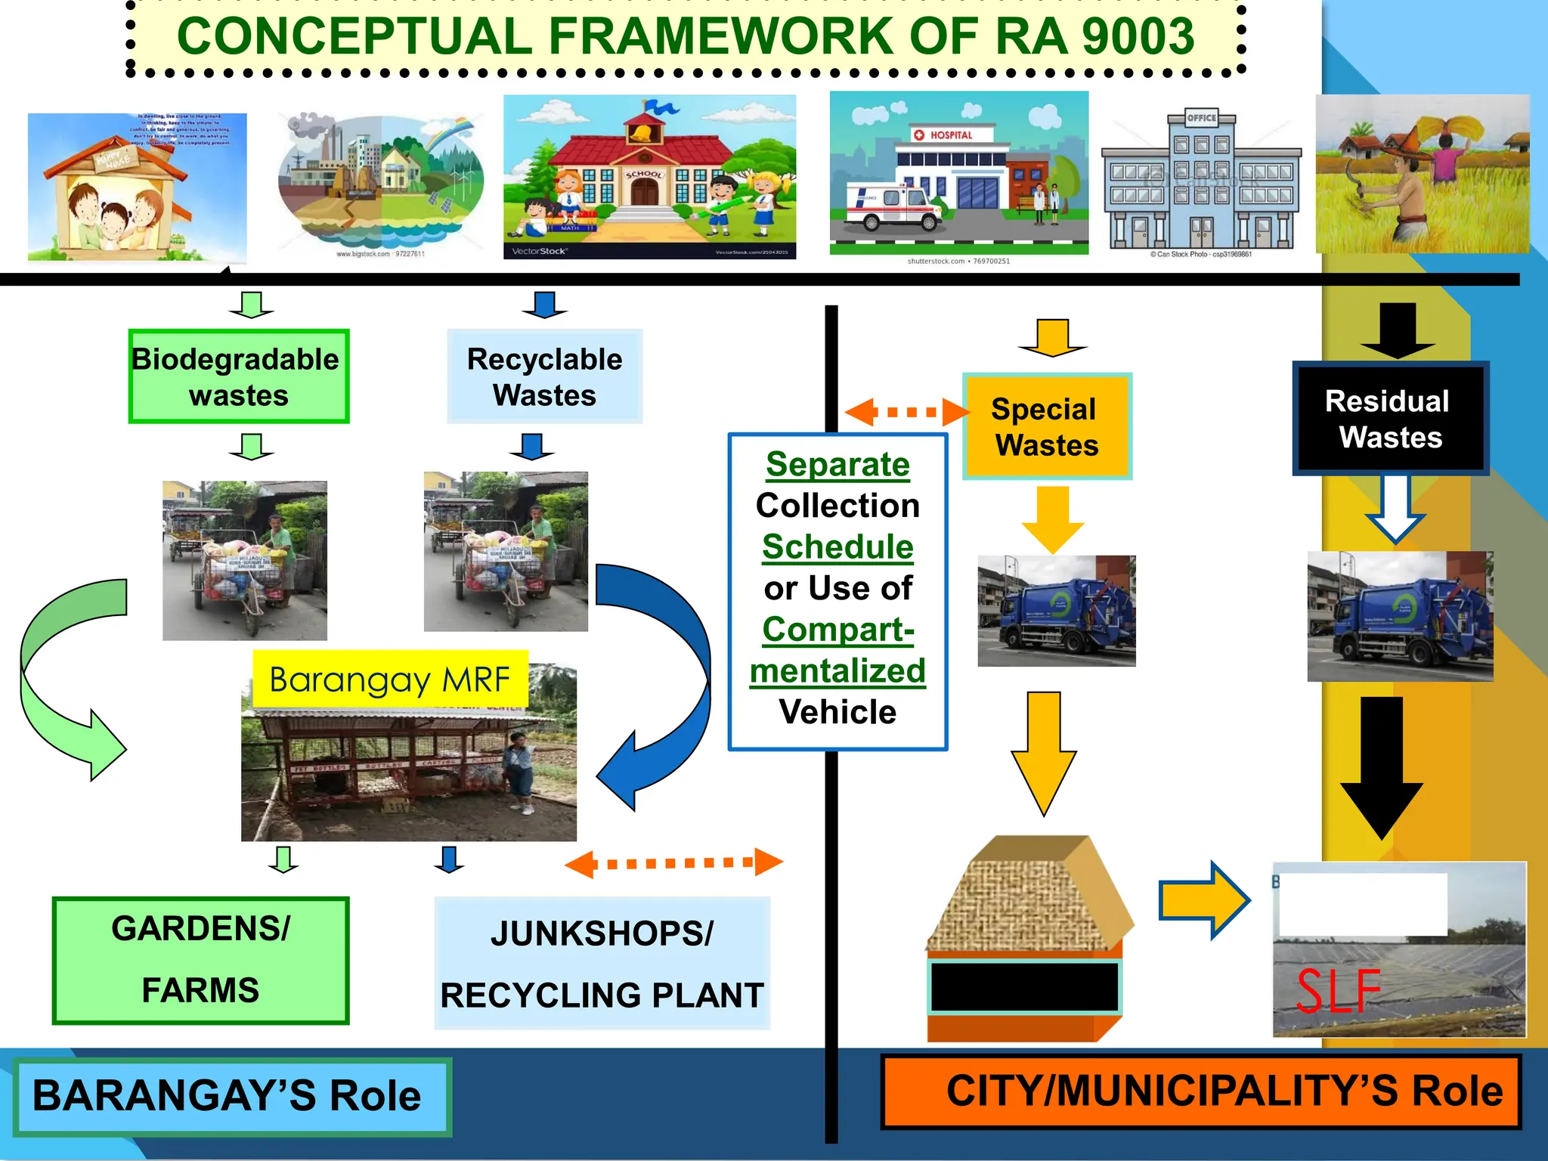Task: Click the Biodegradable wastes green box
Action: click(238, 376)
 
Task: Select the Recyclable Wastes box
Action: click(544, 376)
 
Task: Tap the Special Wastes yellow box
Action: click(1047, 426)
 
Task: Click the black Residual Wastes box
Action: click(1390, 419)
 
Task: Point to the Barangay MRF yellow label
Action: click(390, 680)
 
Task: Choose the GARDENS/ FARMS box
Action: click(200, 960)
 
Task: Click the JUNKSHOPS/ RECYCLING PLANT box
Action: click(602, 964)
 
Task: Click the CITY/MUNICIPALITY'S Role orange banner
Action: click(1202, 1091)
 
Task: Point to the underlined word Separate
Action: click(837, 464)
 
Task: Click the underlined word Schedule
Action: click(837, 546)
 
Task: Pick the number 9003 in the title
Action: click(1138, 36)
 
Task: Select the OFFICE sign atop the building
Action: click(1201, 118)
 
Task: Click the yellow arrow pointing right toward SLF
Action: click(1205, 900)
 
